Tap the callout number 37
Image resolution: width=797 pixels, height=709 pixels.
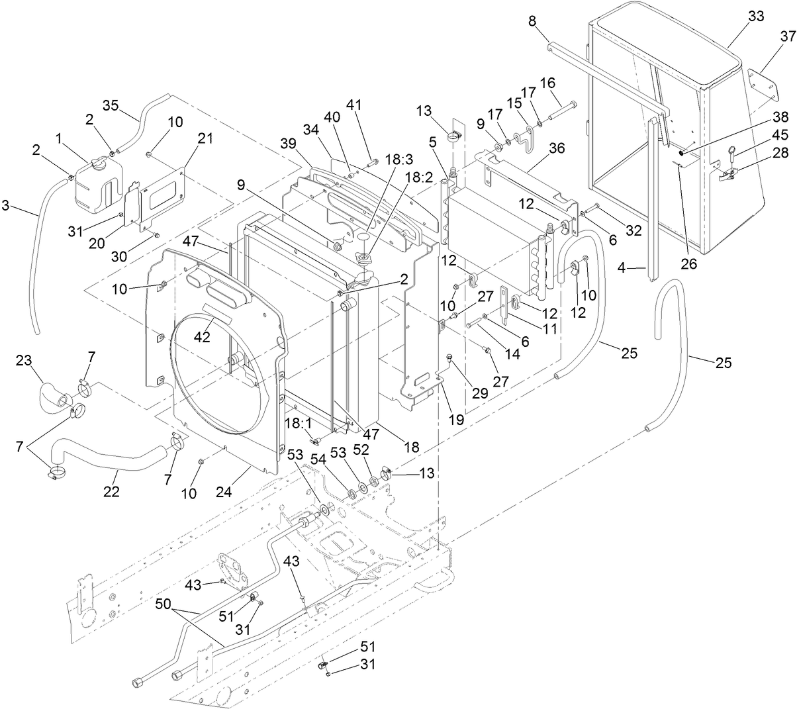787,36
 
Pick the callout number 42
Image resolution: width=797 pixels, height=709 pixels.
201,336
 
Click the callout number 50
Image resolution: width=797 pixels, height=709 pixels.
167,604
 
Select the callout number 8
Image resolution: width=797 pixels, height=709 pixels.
532,21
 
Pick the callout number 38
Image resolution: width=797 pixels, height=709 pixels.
780,117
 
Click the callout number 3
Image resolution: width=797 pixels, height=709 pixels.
6,206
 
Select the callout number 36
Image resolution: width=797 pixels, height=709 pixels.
557,148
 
